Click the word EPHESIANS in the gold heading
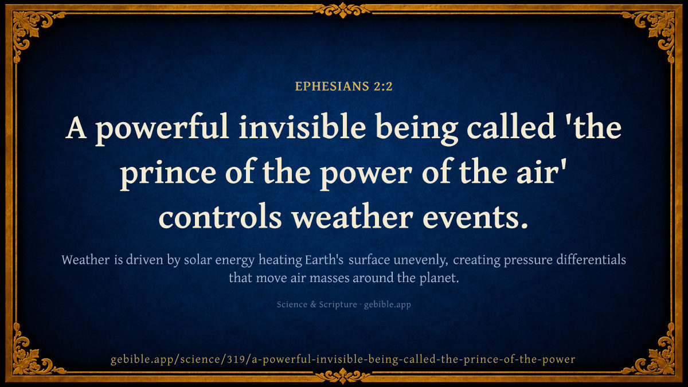pyautogui.click(x=332, y=87)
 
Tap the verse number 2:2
pyautogui.click(x=383, y=87)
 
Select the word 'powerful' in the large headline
pyautogui.click(x=162, y=129)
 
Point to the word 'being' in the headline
pyautogui.click(x=416, y=129)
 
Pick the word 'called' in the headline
pyautogui.click(x=510, y=127)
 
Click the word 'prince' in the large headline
pyautogui.click(x=168, y=174)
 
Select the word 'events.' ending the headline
pyautogui.click(x=475, y=218)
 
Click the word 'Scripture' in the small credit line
pyautogui.click(x=338, y=304)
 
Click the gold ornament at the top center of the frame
pyautogui.click(x=343, y=10)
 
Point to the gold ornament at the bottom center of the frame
pyautogui.click(x=343, y=376)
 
